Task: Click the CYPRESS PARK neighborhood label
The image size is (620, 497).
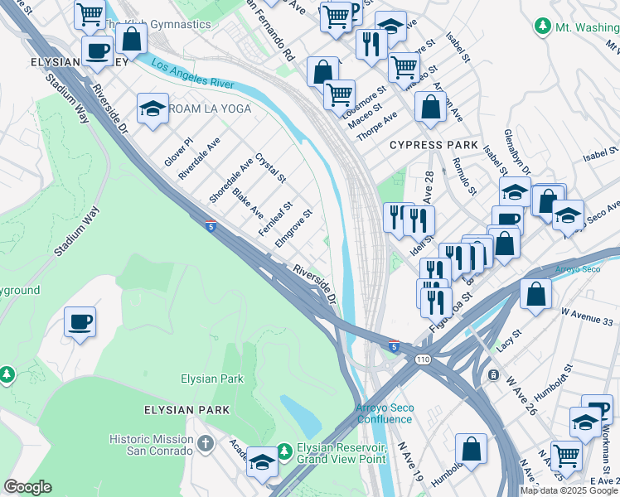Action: point(434,145)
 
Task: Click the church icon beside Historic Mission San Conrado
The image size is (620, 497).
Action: point(206,444)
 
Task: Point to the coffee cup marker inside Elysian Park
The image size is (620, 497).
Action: point(80,322)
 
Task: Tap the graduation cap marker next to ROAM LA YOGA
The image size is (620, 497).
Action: point(153,109)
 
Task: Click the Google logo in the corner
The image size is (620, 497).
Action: point(27,487)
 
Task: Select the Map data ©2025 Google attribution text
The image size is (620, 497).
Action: point(569,490)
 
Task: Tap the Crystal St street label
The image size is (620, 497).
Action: point(270,168)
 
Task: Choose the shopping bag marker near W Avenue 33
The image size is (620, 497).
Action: point(536,295)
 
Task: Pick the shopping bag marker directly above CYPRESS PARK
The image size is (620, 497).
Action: point(431,107)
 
